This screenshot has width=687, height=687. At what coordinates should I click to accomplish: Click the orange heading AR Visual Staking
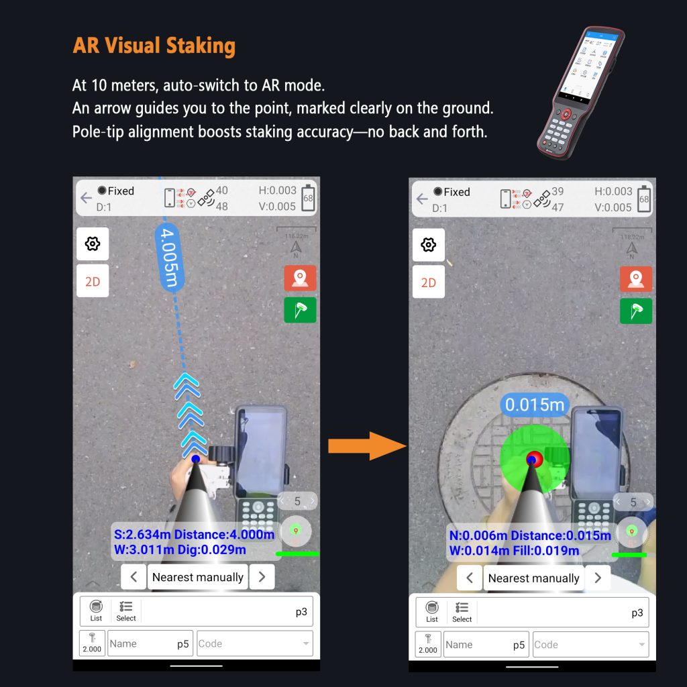154,46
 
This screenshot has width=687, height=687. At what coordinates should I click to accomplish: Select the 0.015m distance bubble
534,405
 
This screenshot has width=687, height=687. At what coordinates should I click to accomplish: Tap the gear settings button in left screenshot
93,244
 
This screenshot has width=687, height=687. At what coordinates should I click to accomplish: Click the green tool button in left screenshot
300,309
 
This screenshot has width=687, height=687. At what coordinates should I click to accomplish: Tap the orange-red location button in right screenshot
635,278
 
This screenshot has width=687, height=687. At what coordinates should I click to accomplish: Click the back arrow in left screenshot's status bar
86,198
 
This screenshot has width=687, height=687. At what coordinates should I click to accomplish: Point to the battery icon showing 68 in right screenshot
644,199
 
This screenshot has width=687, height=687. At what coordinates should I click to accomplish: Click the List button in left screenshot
96,611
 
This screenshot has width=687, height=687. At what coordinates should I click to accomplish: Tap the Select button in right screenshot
462,612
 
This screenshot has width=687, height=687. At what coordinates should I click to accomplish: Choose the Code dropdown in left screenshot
254,643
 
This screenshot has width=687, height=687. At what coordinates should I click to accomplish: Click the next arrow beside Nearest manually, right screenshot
597,578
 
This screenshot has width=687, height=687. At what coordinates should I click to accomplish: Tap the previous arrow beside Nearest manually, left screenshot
134,576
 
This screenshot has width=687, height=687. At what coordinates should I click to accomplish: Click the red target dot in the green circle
534,459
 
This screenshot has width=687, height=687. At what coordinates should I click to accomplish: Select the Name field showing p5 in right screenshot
486,645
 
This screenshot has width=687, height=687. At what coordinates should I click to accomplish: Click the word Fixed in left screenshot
121,191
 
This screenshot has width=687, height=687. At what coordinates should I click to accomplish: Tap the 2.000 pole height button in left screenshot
92,643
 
